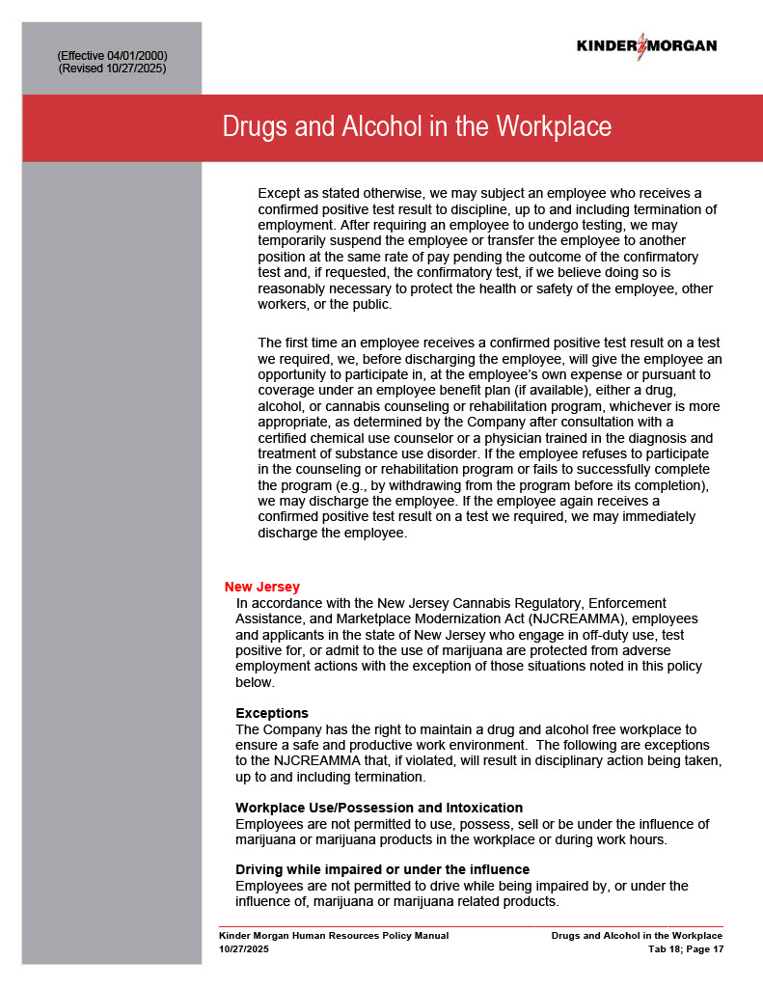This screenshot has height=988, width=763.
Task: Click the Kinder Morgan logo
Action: pos(646,45)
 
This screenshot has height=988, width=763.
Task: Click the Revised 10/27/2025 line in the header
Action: pos(112,69)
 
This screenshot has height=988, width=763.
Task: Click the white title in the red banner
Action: pos(417,127)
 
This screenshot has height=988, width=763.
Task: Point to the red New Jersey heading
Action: pos(261,587)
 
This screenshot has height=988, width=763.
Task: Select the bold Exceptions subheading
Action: pos(272,713)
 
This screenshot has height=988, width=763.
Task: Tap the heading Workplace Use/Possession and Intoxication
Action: pos(379,808)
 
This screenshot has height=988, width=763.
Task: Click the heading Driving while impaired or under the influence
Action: pos(382,870)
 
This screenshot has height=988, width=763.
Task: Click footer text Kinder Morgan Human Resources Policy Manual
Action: pos(334,936)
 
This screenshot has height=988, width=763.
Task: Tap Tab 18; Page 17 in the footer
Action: pos(685,949)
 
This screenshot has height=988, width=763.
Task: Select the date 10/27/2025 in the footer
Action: pos(243,949)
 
